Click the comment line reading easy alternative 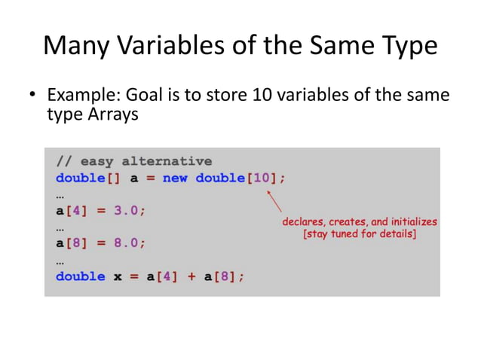pyautogui.click(x=134, y=161)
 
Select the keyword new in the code pyautogui.click(x=175, y=178)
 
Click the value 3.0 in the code pyautogui.click(x=127, y=211)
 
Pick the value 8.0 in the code pyautogui.click(x=127, y=243)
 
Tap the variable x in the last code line pyautogui.click(x=118, y=276)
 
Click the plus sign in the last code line pyautogui.click(x=191, y=276)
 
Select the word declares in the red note pyautogui.click(x=304, y=223)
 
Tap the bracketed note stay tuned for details pyautogui.click(x=360, y=235)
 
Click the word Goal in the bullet pyautogui.click(x=141, y=96)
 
